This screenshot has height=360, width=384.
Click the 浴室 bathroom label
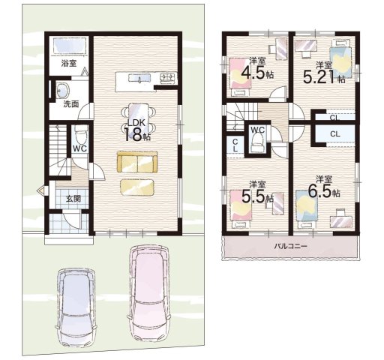click(69, 64)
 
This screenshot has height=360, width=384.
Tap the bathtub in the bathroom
click(70, 46)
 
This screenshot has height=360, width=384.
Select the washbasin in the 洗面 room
click(62, 90)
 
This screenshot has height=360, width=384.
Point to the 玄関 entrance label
click(73, 199)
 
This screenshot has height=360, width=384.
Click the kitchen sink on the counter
click(139, 78)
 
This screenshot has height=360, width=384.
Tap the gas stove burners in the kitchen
click(168, 78)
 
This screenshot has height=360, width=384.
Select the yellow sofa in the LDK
click(137, 162)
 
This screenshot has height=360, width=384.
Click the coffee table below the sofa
click(137, 187)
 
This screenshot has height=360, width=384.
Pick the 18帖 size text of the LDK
click(136, 134)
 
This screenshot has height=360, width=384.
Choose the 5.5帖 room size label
click(257, 197)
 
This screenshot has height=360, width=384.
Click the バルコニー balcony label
click(290, 247)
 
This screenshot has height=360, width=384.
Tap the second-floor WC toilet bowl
click(256, 143)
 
